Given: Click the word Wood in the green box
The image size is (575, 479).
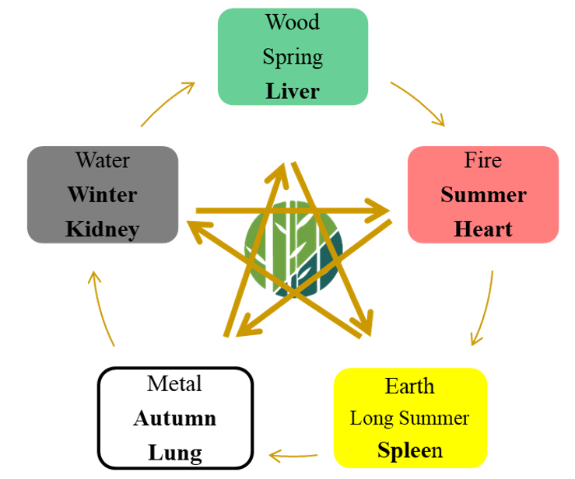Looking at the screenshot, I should (x=292, y=22).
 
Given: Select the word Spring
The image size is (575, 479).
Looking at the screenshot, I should (x=292, y=57).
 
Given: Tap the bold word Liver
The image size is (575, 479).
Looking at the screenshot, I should (x=293, y=91).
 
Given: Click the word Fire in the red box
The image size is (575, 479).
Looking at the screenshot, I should (x=483, y=160).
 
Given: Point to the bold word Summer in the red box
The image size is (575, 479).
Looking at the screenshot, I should (x=483, y=194).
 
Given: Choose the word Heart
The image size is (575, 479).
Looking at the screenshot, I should (x=483, y=229).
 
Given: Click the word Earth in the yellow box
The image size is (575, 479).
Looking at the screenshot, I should (x=409, y=386).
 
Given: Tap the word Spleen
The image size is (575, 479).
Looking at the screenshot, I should (x=409, y=450).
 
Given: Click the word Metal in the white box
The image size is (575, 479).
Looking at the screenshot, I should (x=174, y=383).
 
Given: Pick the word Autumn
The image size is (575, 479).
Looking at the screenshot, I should (x=174, y=418).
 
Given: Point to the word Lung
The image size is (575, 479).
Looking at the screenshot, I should (x=174, y=453).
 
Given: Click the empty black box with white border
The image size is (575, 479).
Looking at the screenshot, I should (x=103, y=194).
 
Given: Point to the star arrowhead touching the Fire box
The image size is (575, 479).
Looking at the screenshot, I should (x=380, y=210).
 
